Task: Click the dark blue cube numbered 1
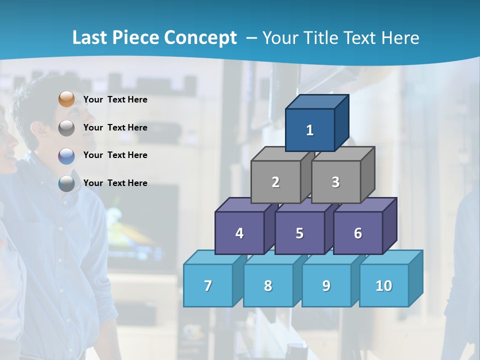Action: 310,130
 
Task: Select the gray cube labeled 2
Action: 275,182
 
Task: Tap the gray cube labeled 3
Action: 335,182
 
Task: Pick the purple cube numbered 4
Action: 239,233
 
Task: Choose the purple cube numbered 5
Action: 299,233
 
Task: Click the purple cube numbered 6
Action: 358,233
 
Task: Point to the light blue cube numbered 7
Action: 208,285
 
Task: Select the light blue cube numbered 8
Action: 268,285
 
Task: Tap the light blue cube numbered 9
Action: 326,285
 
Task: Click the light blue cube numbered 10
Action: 384,285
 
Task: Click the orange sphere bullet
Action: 66,99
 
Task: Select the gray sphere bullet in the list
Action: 66,128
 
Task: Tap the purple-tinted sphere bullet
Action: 66,156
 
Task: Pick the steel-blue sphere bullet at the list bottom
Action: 66,183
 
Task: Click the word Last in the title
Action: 90,38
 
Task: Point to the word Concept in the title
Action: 200,38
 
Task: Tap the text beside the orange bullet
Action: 115,99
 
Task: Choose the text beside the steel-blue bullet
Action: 115,183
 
